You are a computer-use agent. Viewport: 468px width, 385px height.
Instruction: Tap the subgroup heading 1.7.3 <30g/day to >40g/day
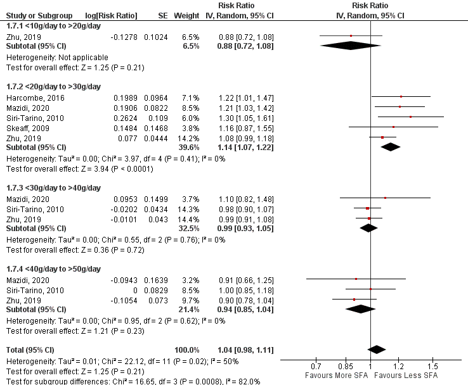coord(53,187)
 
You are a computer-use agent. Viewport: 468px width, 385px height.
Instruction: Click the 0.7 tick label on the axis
coord(316,367)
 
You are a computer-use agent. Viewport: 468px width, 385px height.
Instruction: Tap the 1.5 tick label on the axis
coord(433,367)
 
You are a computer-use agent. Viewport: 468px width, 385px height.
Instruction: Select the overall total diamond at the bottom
coord(377,350)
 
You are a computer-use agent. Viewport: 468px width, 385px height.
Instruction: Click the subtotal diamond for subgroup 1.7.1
coord(351,46)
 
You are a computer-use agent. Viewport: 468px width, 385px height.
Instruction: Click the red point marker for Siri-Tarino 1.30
coord(410,117)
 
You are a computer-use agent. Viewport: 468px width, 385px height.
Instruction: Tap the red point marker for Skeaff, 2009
coord(393,127)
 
